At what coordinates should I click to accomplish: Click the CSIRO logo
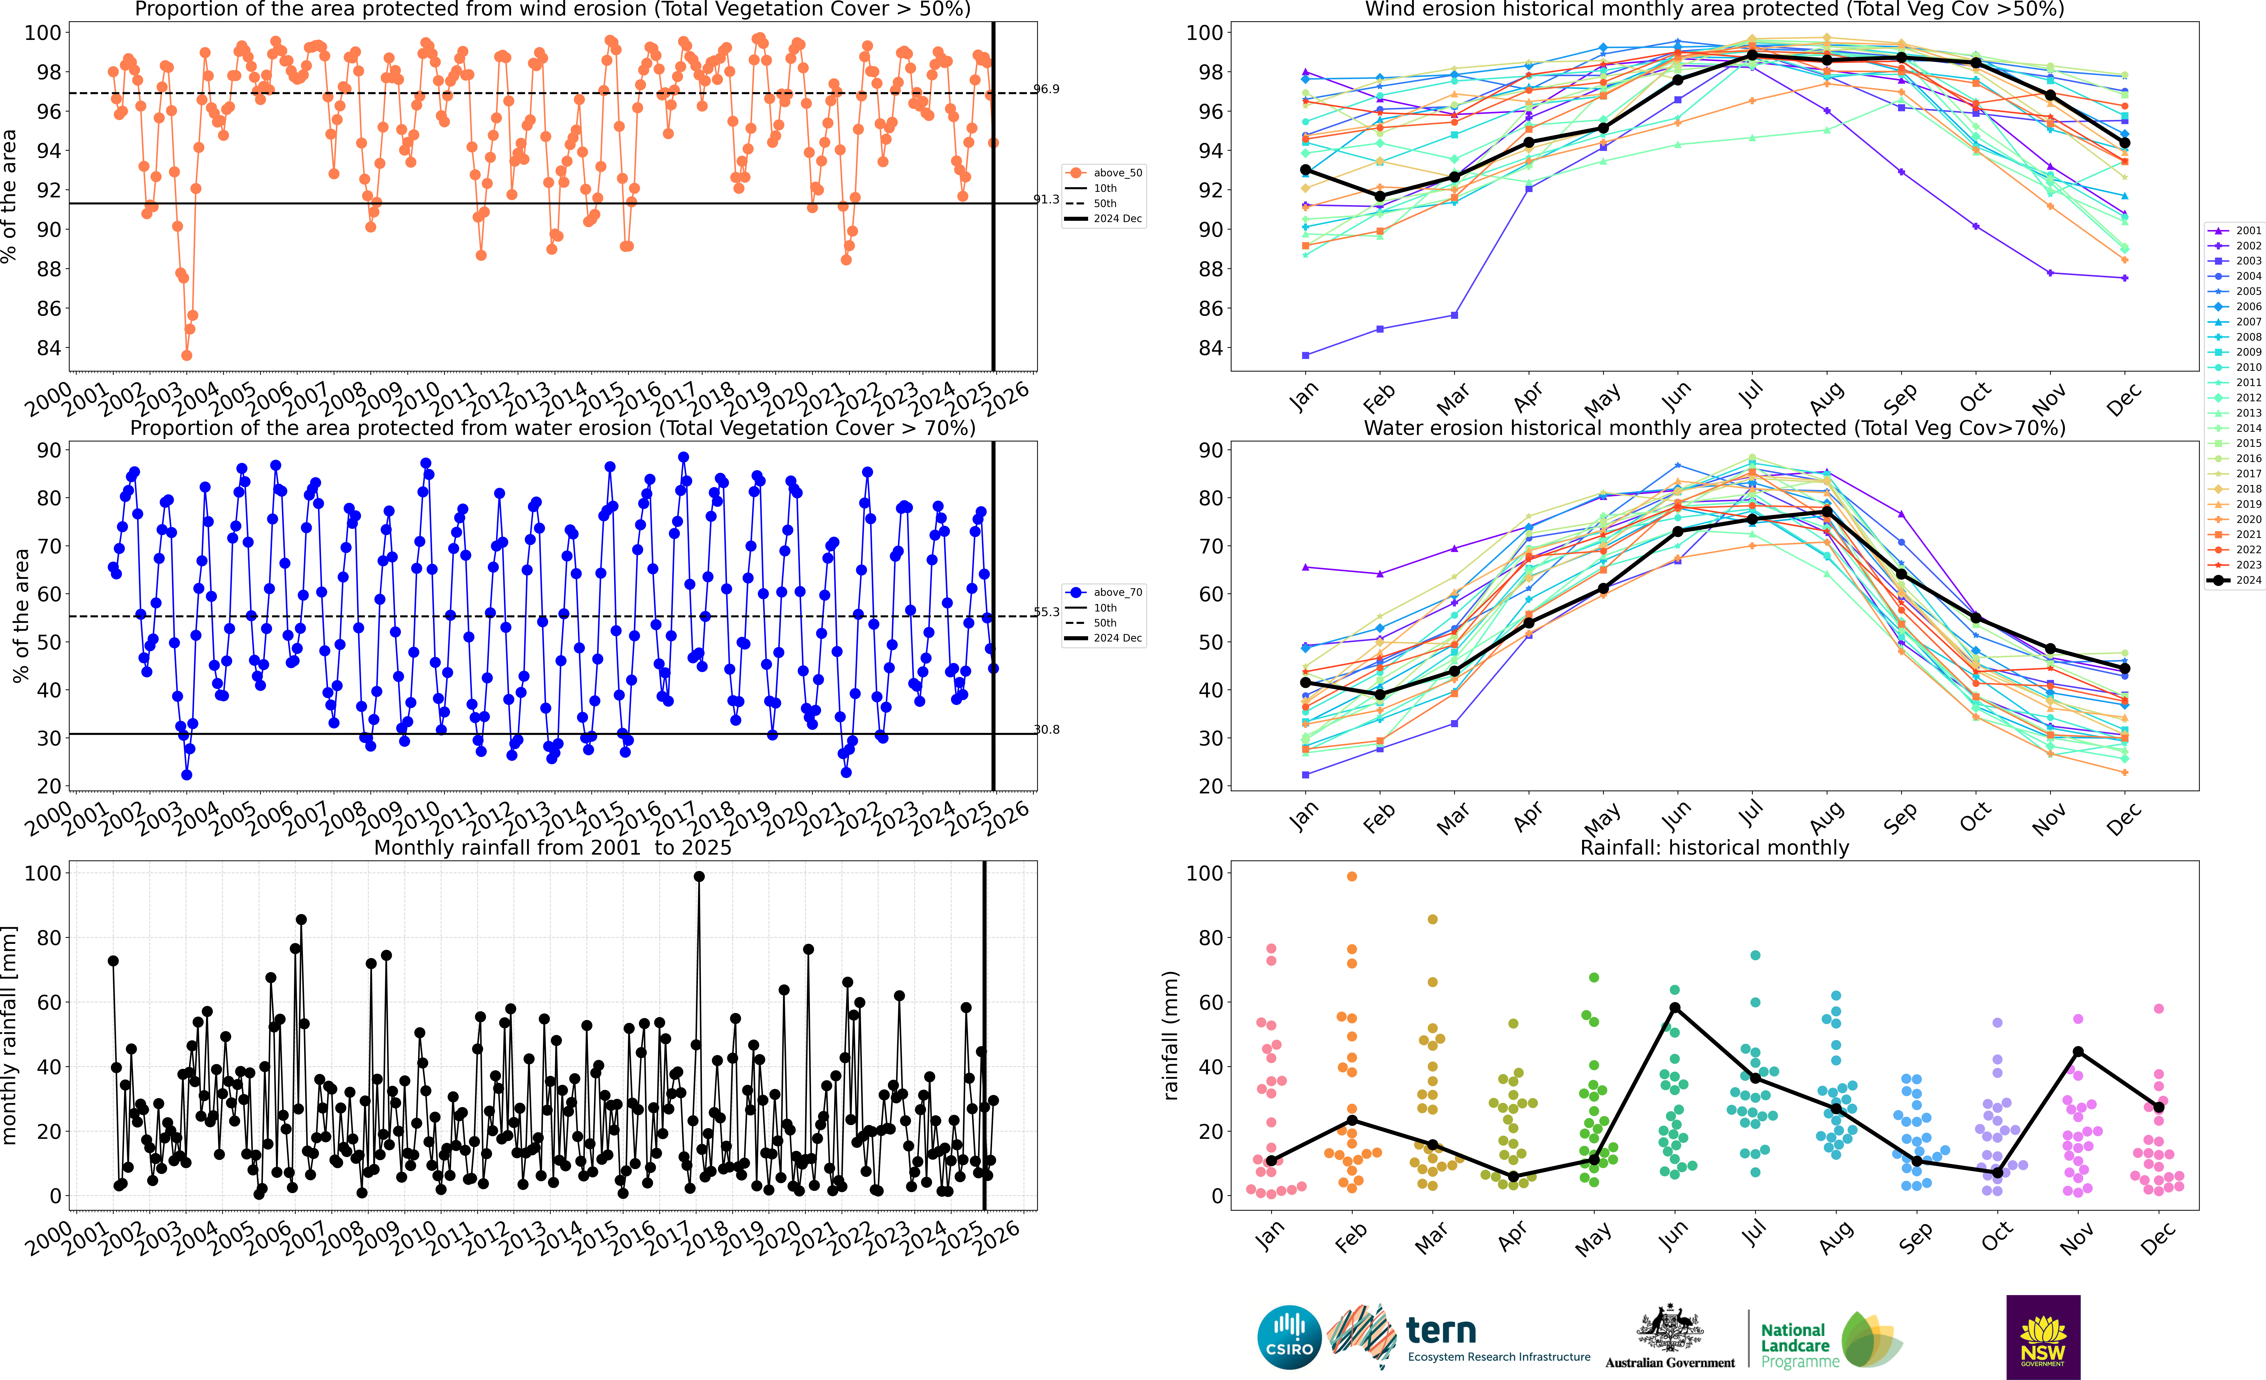[x=1289, y=1337]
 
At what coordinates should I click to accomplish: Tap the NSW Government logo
[x=2043, y=1337]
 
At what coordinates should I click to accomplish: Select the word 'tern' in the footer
[x=1441, y=1330]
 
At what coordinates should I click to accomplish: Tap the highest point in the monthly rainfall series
[x=699, y=877]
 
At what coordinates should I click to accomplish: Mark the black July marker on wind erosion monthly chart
[x=1752, y=55]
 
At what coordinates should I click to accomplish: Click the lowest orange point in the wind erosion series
[x=187, y=355]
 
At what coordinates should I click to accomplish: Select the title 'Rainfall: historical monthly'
[x=1714, y=847]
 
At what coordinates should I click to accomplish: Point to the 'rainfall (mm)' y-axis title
[x=1171, y=1035]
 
